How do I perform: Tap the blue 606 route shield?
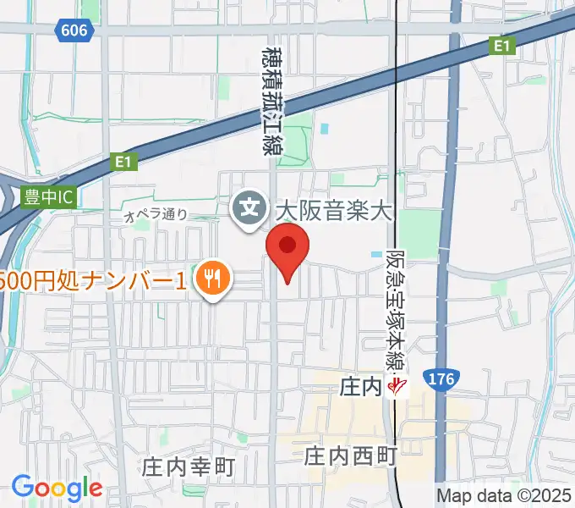(74, 30)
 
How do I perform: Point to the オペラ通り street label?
(156, 216)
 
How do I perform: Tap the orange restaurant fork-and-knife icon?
(211, 279)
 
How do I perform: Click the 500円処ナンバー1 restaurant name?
(93, 280)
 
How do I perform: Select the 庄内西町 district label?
(350, 457)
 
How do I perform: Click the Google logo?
(57, 488)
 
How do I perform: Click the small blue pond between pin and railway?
(375, 254)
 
